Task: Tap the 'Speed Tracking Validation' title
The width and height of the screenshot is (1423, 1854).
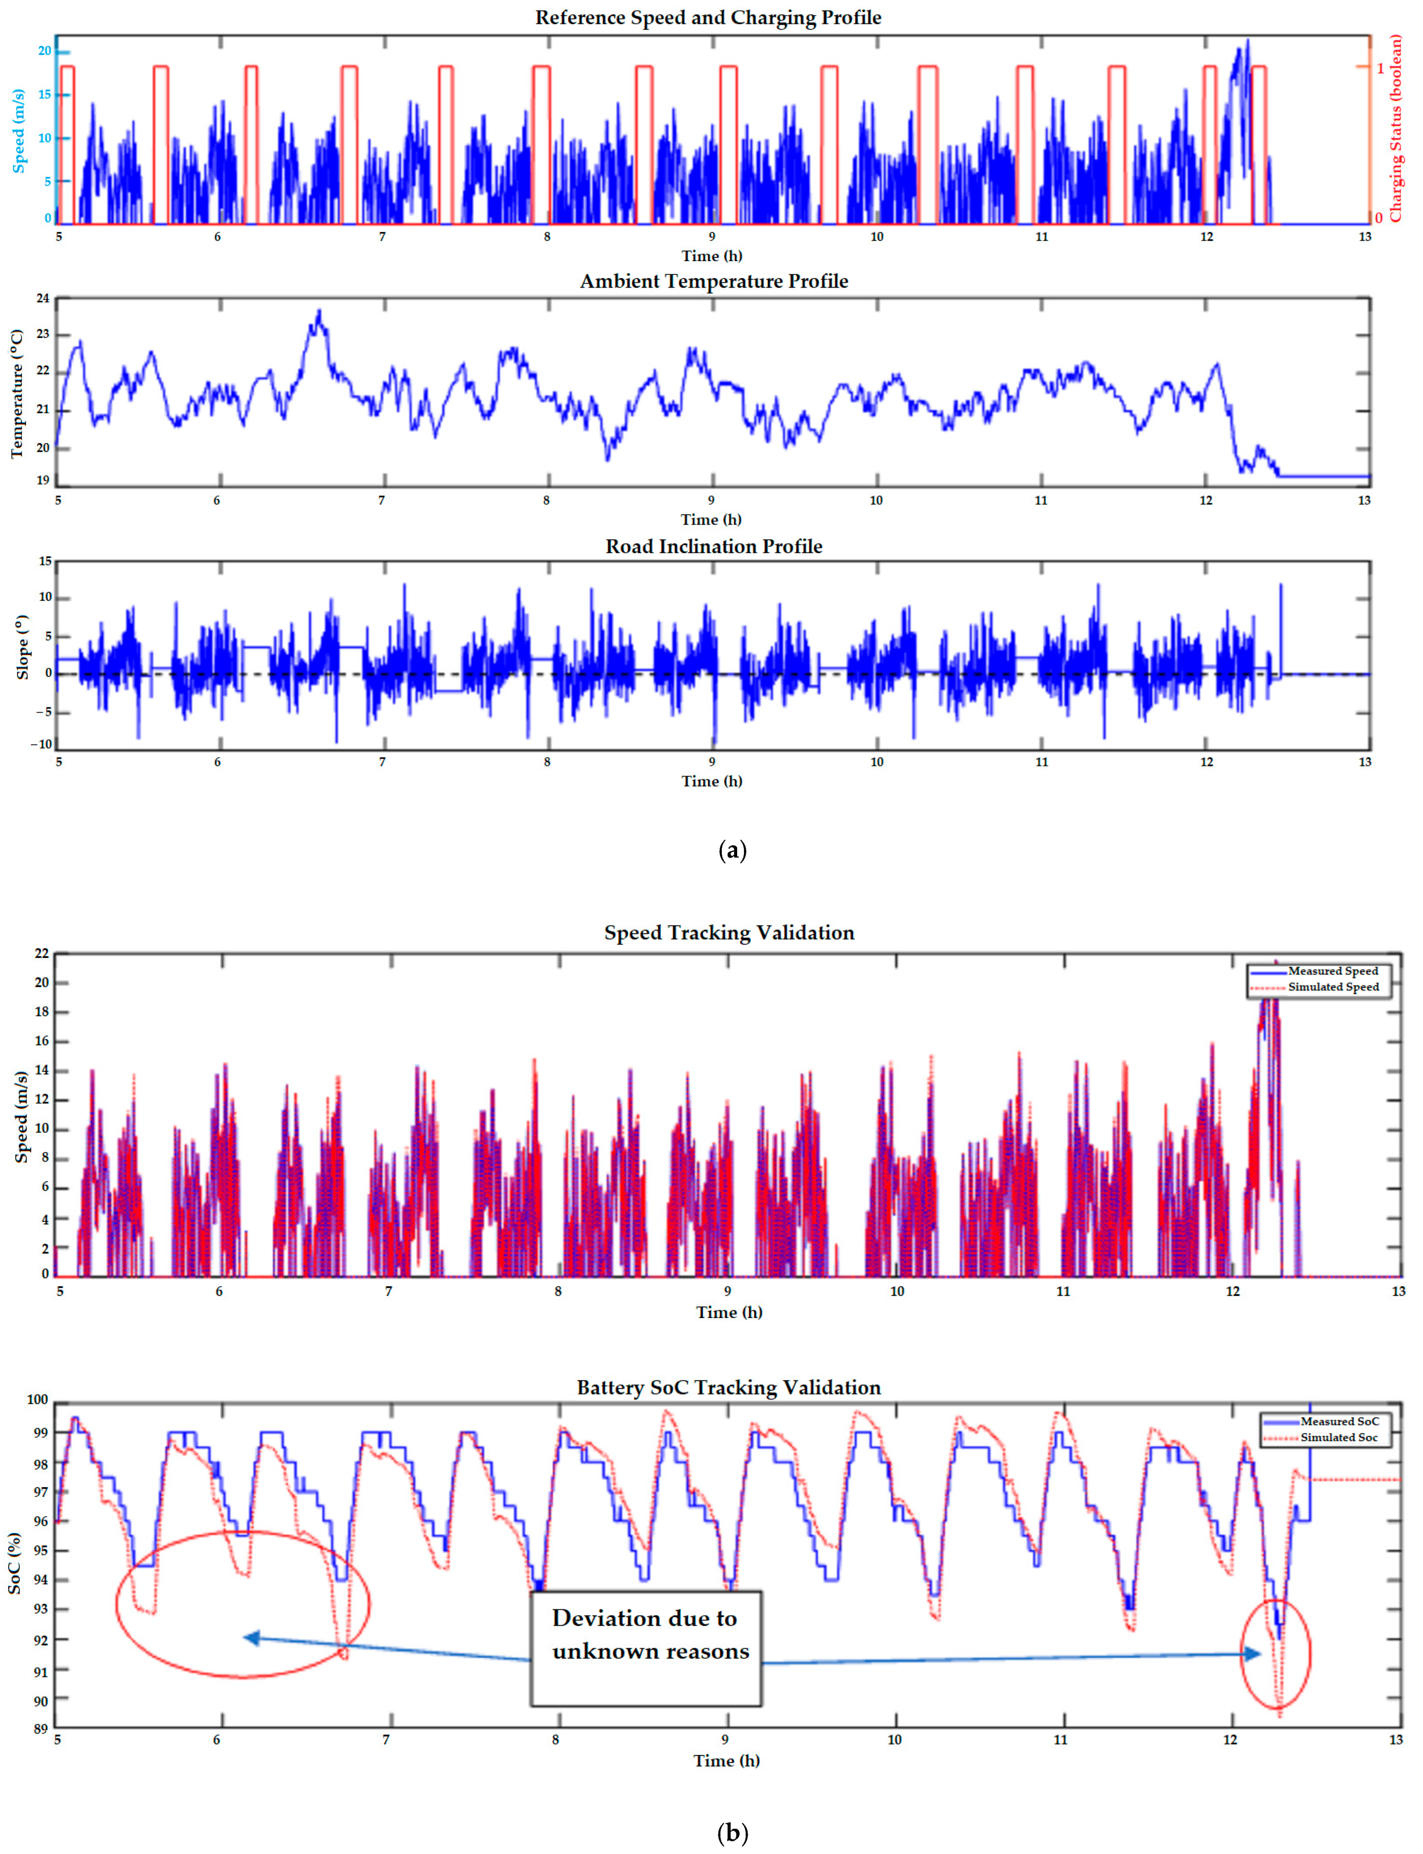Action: coord(729,933)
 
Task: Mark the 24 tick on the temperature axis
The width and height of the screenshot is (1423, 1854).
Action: coord(42,298)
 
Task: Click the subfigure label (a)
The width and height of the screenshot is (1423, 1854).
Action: coord(732,851)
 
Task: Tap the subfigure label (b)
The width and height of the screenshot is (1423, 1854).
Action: coord(732,1834)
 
